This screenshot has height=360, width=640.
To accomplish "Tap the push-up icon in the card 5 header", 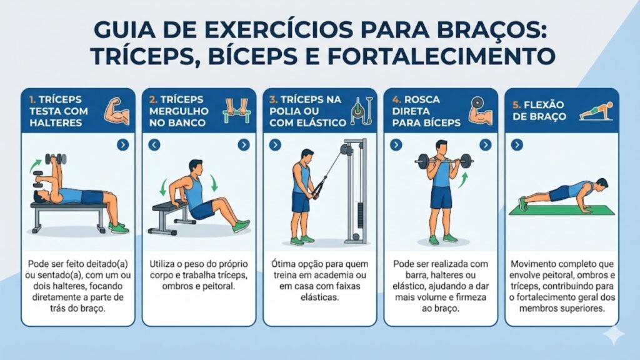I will click(x=591, y=112).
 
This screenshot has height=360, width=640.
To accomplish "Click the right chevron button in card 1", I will click(x=122, y=145).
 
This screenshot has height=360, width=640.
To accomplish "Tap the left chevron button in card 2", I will click(x=154, y=145).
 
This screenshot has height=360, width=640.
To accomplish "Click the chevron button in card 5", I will click(x=517, y=145).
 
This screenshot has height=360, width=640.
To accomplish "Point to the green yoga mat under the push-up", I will click(x=562, y=211).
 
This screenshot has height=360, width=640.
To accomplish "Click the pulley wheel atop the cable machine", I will click(x=344, y=149).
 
